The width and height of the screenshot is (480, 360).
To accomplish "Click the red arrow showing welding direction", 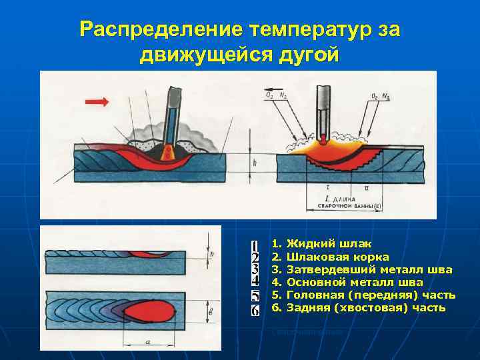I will tap(97, 101).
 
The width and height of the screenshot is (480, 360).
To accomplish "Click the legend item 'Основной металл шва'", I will tap(354, 282).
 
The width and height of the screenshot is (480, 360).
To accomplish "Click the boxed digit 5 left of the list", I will tap(255, 296).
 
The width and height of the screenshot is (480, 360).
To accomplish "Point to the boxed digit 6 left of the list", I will tap(255, 310).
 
